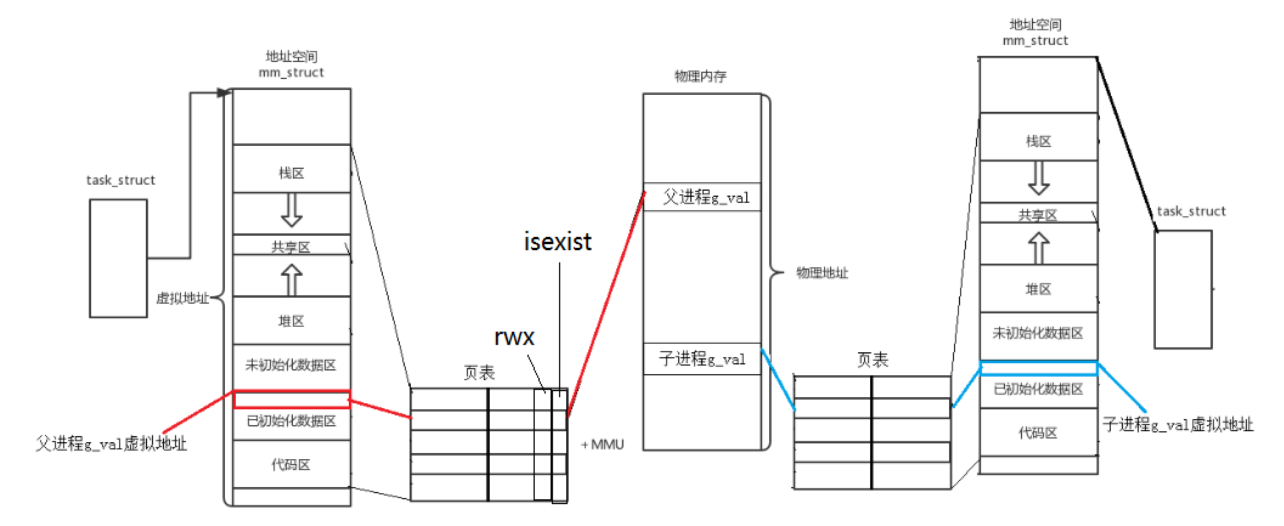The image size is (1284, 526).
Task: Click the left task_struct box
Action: point(118,258)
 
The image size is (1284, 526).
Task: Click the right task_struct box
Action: point(1183,289)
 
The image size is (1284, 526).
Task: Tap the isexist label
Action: point(557,242)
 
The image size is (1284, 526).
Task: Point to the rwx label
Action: point(514,336)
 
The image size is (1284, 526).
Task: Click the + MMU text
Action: point(602,445)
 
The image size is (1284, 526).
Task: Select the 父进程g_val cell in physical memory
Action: point(702,197)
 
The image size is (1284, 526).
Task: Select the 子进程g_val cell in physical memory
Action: point(702,359)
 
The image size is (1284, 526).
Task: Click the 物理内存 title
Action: point(701,77)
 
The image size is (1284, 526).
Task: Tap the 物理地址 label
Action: point(822,273)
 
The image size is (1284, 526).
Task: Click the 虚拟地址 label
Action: point(182,298)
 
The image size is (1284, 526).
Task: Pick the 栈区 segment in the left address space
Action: point(292,174)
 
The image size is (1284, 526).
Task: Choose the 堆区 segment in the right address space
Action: point(1038,289)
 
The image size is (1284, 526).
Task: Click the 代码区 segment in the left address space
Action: point(291,465)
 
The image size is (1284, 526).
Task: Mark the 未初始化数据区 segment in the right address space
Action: point(1038,333)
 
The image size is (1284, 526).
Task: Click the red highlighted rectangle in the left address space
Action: point(292,399)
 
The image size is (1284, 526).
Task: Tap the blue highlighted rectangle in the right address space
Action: point(1039,369)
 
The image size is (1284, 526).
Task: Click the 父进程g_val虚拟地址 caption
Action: point(111,444)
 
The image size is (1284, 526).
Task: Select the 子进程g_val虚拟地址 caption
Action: point(1178,425)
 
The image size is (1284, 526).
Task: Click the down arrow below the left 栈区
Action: point(292,210)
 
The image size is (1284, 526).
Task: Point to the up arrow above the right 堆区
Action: point(1039,248)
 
